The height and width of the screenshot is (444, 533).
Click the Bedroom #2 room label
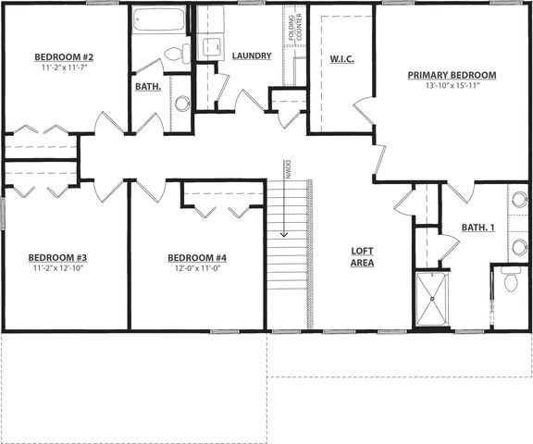64,56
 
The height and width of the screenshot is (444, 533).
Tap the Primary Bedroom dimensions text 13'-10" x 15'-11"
452,86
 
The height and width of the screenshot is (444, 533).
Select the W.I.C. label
342,59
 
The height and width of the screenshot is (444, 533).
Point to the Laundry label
252,55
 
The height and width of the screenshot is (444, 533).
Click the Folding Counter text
294,28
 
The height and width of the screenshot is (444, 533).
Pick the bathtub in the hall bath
159,19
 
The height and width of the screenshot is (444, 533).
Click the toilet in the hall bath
178,54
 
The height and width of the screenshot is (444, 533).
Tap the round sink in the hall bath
182,104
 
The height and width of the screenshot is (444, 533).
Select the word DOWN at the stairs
289,169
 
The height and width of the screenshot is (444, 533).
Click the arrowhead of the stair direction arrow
284,234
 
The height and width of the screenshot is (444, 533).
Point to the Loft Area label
363,257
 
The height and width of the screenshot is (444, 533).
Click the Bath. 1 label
477,228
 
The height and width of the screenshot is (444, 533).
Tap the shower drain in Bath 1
432,299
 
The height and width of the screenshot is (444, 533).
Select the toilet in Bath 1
511,279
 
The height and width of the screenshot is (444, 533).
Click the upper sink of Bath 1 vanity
520,200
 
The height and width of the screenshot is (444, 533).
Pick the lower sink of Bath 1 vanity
520,247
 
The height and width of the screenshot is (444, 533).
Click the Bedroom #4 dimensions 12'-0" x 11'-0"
198,268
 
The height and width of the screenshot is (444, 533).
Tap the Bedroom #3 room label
57,257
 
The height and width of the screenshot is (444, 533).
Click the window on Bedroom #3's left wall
3,214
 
